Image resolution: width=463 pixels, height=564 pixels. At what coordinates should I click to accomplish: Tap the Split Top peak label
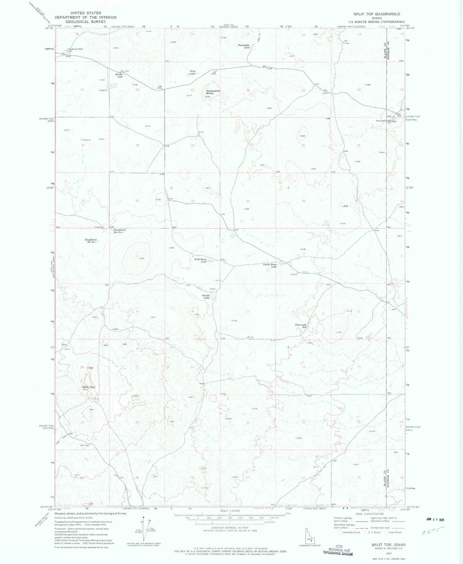click(89, 387)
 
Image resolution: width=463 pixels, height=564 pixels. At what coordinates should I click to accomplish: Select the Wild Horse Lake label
click(200, 260)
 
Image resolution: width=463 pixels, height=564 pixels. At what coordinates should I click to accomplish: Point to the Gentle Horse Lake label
click(269, 265)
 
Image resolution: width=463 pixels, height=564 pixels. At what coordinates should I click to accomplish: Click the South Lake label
click(206, 297)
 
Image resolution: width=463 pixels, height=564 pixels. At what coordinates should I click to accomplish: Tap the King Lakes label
click(193, 73)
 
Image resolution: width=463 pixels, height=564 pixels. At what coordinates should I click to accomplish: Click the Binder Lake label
click(119, 75)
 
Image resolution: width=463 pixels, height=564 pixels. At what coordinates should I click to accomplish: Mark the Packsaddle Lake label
click(244, 46)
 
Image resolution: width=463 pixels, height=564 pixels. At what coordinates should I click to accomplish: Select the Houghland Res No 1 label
click(91, 241)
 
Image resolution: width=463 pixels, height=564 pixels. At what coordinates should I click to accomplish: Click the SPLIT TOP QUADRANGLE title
click(377, 14)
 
